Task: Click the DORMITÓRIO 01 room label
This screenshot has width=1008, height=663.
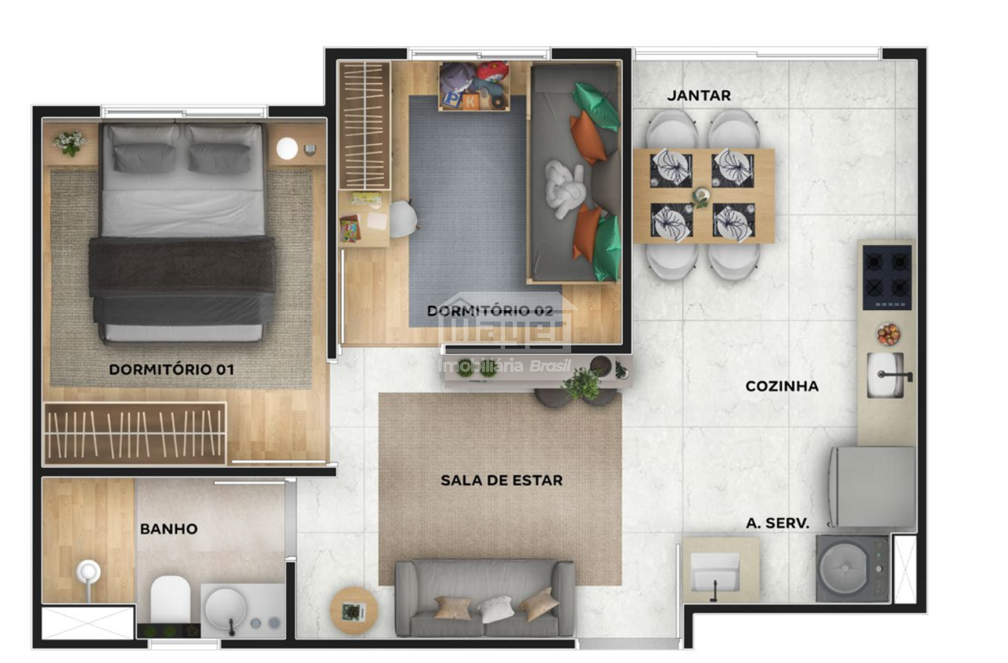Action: [x=171, y=369]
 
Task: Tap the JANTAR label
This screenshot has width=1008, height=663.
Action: [x=699, y=95]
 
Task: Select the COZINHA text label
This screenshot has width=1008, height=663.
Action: [x=782, y=386]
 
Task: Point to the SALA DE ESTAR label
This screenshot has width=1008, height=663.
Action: [x=501, y=480]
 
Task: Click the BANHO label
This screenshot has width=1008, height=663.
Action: [x=169, y=529]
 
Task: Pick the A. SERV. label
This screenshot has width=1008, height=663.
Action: [x=778, y=523]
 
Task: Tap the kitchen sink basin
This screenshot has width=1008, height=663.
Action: [x=886, y=375]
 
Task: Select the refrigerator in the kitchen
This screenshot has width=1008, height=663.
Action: [x=873, y=486]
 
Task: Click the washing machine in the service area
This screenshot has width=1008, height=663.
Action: [x=852, y=569]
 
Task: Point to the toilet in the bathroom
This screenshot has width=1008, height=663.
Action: [x=170, y=600]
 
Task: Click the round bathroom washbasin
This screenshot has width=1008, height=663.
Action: [x=225, y=608]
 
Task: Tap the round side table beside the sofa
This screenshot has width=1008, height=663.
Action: [x=353, y=610]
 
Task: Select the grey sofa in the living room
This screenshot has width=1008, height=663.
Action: [x=485, y=598]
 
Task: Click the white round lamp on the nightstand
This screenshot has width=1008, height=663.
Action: [x=287, y=148]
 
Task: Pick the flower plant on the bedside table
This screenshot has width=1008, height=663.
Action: [x=70, y=142]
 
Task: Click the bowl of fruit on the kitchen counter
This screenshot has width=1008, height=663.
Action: [x=888, y=335]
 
